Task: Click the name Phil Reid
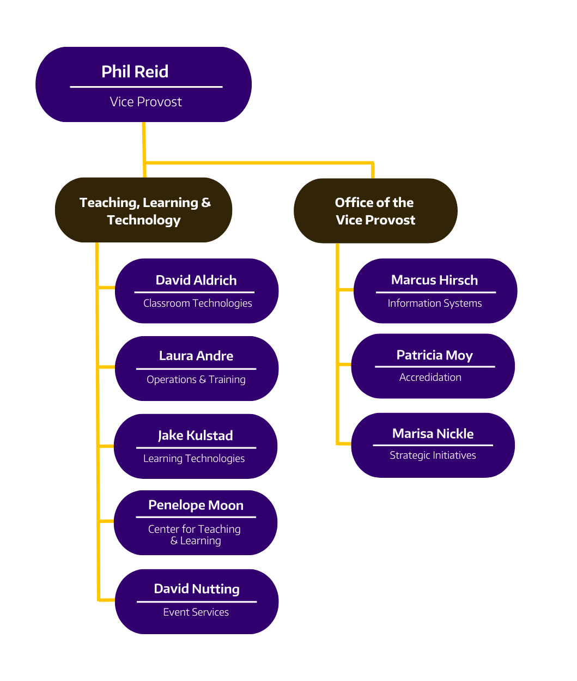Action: click(x=135, y=72)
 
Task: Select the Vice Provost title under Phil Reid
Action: click(x=145, y=102)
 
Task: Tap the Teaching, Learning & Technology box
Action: click(x=144, y=210)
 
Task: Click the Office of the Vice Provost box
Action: click(x=375, y=211)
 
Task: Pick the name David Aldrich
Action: click(x=196, y=280)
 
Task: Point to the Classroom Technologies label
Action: click(x=197, y=303)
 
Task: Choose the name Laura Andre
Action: click(x=196, y=356)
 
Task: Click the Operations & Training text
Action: click(x=196, y=380)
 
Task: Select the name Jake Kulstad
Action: click(x=195, y=435)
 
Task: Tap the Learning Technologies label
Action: click(x=194, y=459)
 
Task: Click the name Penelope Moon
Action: click(x=196, y=505)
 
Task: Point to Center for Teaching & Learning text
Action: click(x=195, y=534)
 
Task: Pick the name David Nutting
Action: click(x=197, y=589)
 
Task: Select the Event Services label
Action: click(x=196, y=612)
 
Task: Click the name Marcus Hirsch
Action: click(x=434, y=280)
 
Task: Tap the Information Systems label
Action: click(x=435, y=303)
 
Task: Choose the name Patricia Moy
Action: click(x=434, y=355)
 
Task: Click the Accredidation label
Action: click(x=430, y=378)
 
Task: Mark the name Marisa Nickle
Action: click(x=433, y=434)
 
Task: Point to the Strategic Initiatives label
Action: click(x=433, y=455)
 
